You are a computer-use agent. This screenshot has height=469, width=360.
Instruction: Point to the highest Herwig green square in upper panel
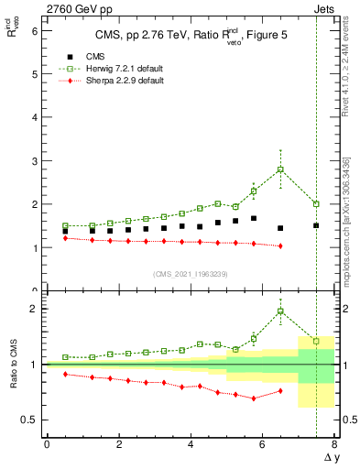click(280, 169)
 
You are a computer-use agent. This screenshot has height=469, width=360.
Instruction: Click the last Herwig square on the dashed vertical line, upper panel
click(316, 203)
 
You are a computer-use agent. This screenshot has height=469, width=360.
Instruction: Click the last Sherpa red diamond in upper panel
click(280, 245)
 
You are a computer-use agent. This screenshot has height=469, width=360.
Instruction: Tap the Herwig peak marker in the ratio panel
click(280, 311)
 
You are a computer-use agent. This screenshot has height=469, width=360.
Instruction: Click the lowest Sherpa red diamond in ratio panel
click(254, 398)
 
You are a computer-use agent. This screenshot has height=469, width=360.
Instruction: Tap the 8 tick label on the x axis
click(334, 444)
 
